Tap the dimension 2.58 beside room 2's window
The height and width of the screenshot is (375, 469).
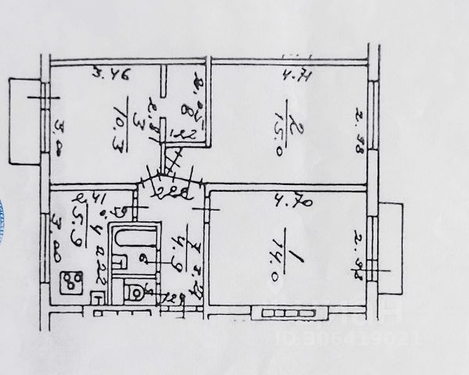[360, 130]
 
